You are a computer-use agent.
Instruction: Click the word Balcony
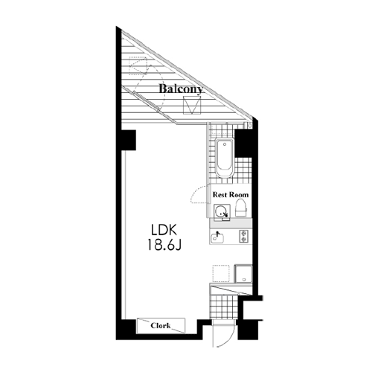pyautogui.click(x=181, y=89)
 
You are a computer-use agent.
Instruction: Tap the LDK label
pyautogui.click(x=164, y=230)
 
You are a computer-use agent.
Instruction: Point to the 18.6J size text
pyautogui.click(x=165, y=245)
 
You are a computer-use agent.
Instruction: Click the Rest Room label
pyautogui.click(x=231, y=195)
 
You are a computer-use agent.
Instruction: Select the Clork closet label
pyautogui.click(x=161, y=326)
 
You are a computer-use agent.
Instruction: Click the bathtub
pyautogui.click(x=225, y=158)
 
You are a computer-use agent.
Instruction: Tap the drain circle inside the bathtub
pyautogui.click(x=225, y=144)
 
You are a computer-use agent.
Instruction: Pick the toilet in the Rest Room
pyautogui.click(x=241, y=208)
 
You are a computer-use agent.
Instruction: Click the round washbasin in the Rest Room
pyautogui.click(x=220, y=212)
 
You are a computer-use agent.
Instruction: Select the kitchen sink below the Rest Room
pyautogui.click(x=217, y=238)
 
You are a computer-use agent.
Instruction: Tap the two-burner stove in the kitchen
pyautogui.click(x=243, y=236)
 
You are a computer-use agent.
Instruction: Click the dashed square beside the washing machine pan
pyautogui.click(x=221, y=273)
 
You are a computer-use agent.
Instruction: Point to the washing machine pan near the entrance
pyautogui.click(x=243, y=274)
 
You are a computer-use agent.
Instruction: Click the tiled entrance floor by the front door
pyautogui.click(x=223, y=307)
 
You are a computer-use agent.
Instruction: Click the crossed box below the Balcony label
pyautogui.click(x=192, y=105)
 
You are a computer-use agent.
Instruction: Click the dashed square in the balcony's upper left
pyautogui.click(x=137, y=65)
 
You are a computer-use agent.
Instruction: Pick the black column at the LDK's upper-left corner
pyautogui.click(x=128, y=140)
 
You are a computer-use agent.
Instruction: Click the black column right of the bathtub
pyautogui.click(x=243, y=143)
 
